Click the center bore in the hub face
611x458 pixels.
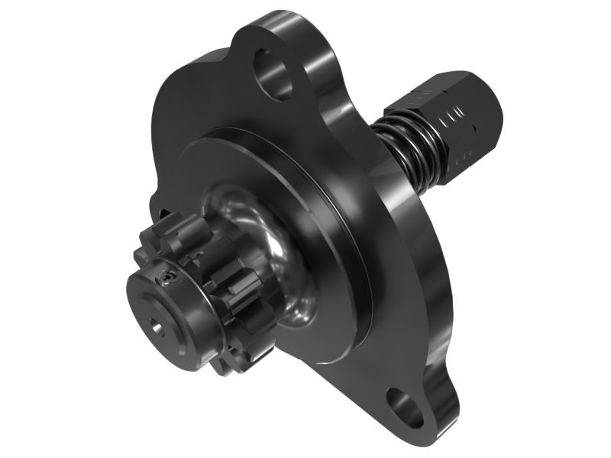point(157,328)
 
